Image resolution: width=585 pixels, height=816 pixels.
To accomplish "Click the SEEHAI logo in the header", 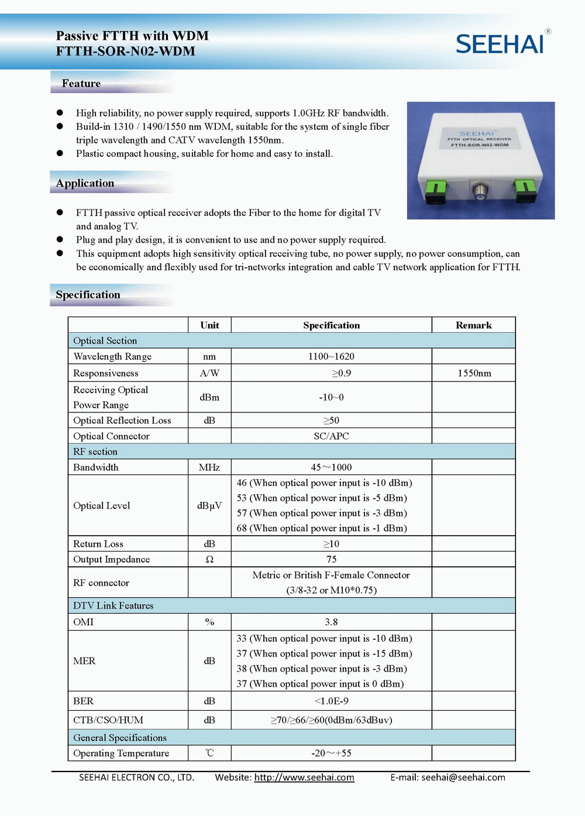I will click(x=500, y=44).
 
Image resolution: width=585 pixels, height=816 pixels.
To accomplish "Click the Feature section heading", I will click(x=81, y=84).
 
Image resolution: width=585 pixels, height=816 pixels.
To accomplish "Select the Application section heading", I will click(x=85, y=183).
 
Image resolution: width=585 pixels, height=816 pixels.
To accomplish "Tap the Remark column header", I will click(x=473, y=325).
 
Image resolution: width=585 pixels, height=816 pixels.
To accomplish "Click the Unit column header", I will click(x=209, y=325).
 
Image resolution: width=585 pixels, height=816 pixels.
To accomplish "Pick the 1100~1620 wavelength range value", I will click(x=331, y=356).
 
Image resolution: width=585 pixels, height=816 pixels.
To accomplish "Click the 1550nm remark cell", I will click(x=474, y=373).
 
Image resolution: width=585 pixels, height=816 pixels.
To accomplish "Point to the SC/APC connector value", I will click(x=331, y=436).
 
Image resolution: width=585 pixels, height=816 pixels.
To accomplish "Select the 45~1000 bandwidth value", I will click(x=331, y=467).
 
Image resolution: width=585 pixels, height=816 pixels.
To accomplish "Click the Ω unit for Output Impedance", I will click(x=209, y=559).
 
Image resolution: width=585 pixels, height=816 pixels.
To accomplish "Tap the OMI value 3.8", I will click(x=331, y=622).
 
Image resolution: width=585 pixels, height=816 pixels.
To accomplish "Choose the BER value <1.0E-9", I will click(x=331, y=701).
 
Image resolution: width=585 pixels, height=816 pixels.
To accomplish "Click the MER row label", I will click(x=84, y=661).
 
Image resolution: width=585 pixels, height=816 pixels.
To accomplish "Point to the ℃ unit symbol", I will click(x=209, y=753).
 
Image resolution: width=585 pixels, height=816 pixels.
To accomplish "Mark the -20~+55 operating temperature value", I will click(x=331, y=753).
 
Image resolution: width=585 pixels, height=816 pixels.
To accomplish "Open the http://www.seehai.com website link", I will click(x=304, y=777).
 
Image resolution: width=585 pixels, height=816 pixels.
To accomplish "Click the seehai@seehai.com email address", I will click(x=463, y=777).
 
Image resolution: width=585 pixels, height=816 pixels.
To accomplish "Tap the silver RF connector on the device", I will click(x=480, y=191).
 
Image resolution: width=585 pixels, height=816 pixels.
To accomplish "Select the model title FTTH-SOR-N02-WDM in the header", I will click(x=126, y=51).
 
